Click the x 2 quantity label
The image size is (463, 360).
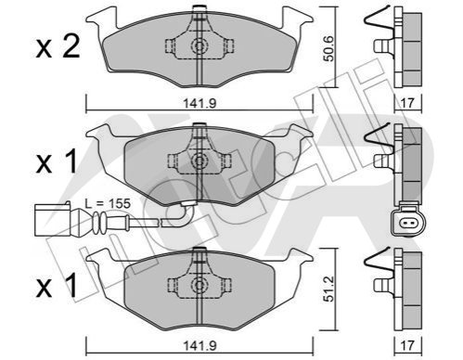(x=58, y=47)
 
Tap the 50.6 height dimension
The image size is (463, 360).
(x=328, y=48)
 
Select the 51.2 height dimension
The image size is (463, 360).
(x=328, y=289)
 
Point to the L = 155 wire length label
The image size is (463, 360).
(x=108, y=203)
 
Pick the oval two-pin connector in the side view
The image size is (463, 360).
(x=408, y=221)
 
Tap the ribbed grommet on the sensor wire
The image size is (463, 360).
(x=99, y=222)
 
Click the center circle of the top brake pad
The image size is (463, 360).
(x=199, y=46)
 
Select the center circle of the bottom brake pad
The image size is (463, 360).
(x=199, y=284)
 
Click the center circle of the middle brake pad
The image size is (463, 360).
(x=199, y=161)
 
